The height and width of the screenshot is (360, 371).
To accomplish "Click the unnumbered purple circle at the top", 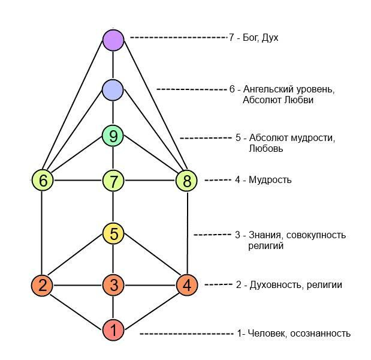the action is click(x=113, y=40).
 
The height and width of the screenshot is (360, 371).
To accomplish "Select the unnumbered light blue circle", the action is click(x=113, y=90).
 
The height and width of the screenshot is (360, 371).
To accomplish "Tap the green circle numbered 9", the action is click(x=113, y=136).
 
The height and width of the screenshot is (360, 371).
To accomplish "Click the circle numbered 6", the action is click(x=43, y=180).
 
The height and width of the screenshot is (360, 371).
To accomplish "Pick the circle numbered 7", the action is click(x=113, y=181).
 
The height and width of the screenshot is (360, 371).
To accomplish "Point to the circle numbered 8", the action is click(x=186, y=181).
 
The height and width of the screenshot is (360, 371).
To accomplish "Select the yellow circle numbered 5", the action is click(x=113, y=233).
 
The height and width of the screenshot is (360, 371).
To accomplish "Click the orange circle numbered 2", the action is click(x=42, y=285).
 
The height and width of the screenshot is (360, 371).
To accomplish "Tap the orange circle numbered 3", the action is click(x=113, y=285).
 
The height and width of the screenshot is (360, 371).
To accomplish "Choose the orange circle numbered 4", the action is click(x=187, y=285).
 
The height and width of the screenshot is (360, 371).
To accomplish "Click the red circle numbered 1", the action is click(x=113, y=330).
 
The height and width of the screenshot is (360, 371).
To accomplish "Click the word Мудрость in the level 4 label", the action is click(x=270, y=180).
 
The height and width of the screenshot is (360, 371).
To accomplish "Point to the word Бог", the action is click(x=251, y=38).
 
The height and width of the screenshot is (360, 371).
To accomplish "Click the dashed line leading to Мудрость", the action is click(x=218, y=180).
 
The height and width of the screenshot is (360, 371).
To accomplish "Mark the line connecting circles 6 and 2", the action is click(x=41, y=233).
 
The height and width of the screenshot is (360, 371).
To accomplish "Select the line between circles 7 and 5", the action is click(x=113, y=207).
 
